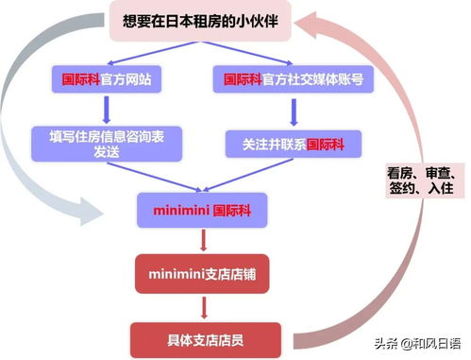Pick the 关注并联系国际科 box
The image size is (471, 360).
292,145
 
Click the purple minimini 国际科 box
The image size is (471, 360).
199,208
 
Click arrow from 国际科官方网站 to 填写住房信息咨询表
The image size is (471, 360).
106,110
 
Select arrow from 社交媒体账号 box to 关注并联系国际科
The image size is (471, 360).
293,111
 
